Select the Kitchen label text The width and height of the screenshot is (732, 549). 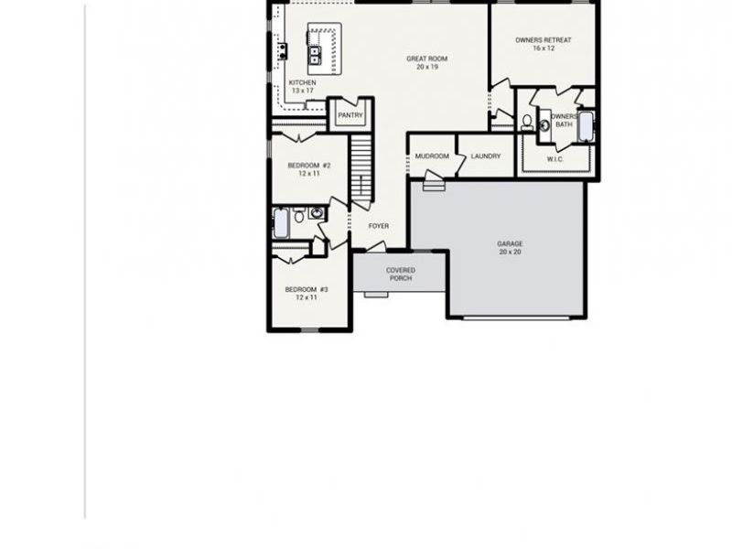[x=302, y=82]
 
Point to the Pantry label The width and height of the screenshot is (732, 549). [x=350, y=115]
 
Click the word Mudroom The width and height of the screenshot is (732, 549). [x=432, y=156]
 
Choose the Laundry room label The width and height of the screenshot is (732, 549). [x=486, y=156]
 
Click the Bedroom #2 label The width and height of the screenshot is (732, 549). [x=308, y=166]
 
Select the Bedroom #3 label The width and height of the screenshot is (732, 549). [x=307, y=289]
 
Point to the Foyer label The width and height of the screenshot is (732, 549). [x=379, y=226]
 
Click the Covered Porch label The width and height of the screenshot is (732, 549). [x=400, y=274]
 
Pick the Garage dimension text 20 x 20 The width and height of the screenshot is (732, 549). [x=510, y=252]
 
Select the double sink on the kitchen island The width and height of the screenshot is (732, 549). [x=317, y=57]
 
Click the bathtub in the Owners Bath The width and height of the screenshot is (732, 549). [x=586, y=126]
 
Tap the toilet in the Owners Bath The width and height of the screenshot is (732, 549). [x=527, y=122]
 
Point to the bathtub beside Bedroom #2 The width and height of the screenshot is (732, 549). [x=282, y=222]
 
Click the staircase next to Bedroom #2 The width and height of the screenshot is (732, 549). [x=361, y=170]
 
